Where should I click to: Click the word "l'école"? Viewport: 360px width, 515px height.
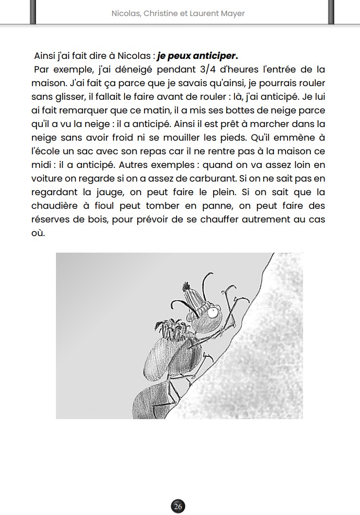tap(47, 151)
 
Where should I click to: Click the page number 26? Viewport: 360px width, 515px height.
tap(178, 507)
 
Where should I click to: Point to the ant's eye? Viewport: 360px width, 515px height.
tap(214, 313)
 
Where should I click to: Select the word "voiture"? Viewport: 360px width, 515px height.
tap(48, 178)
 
